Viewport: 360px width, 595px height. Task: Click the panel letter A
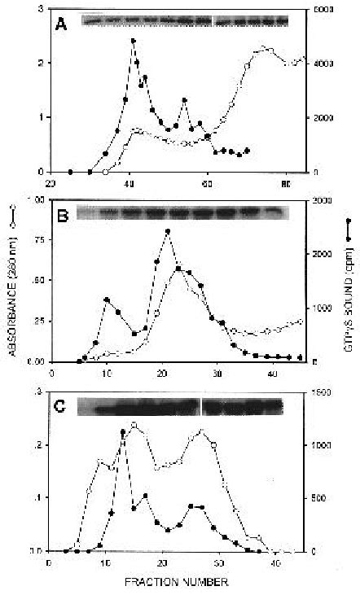coord(62,24)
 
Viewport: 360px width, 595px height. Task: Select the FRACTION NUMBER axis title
coord(177,582)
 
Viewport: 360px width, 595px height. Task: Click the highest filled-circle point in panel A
coord(133,40)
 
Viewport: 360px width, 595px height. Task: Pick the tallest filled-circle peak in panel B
coord(167,232)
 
